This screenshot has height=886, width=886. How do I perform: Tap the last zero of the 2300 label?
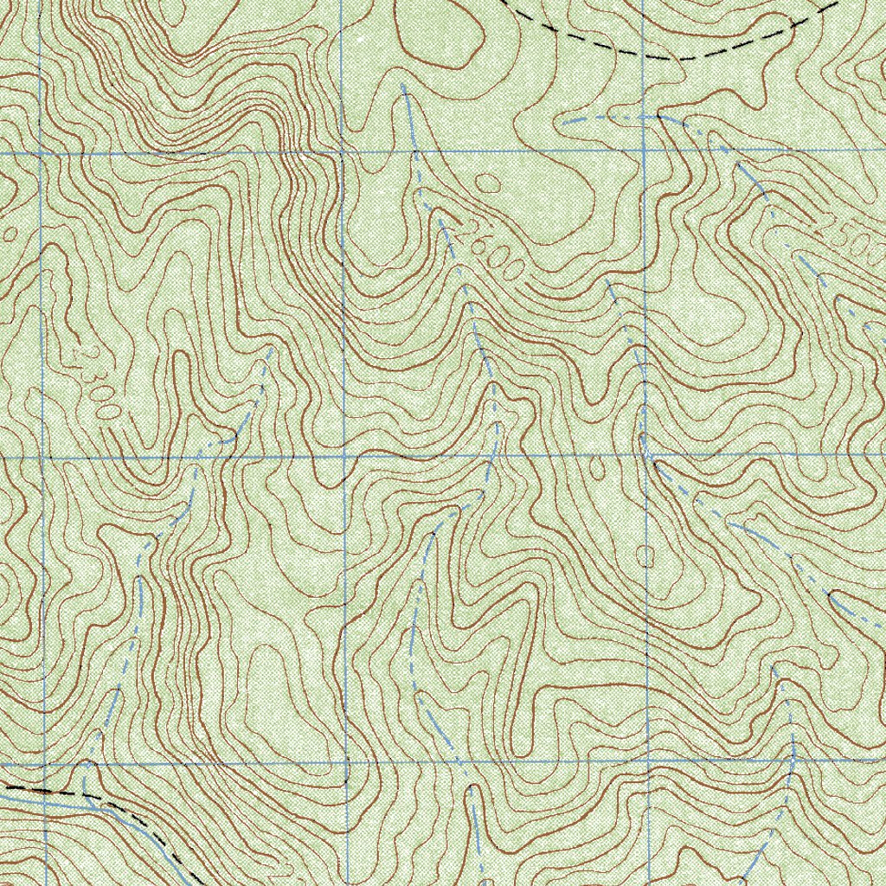tap(107, 411)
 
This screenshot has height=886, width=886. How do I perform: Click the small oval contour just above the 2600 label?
tap(488, 183)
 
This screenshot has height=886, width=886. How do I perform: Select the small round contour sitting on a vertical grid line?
tap(645, 555)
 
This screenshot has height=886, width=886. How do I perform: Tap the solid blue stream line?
tap(52, 801)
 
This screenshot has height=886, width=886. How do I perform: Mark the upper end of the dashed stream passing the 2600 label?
tap(404, 87)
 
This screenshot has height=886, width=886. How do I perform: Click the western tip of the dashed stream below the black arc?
tap(564, 123)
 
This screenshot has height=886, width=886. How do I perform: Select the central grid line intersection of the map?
tap(344, 455)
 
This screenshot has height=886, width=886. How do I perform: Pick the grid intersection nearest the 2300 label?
tap(43, 455)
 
